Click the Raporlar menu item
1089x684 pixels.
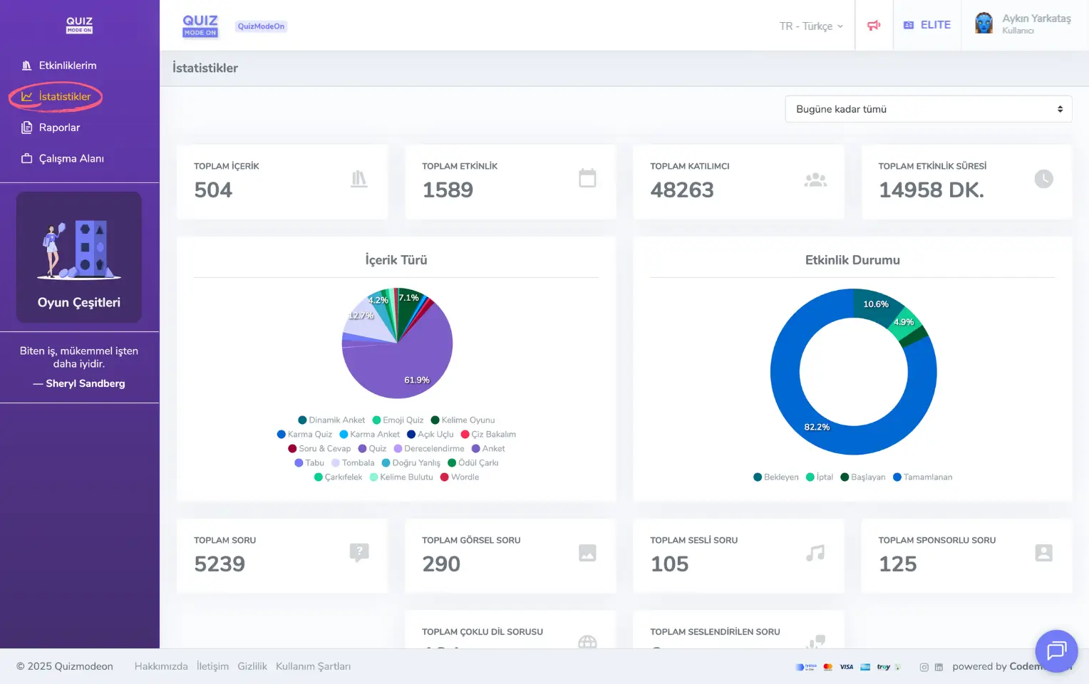58,128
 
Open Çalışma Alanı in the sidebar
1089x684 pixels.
71,158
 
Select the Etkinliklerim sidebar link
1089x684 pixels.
67,66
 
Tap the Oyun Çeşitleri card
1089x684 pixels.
79,257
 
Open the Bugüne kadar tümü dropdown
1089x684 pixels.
928,109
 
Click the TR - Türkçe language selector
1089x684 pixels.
811,26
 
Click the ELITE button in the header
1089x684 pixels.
927,25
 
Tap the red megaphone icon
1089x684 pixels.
874,26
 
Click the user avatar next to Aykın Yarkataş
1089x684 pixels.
984,24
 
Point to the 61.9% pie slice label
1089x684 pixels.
416,380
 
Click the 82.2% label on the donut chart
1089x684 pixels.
817,427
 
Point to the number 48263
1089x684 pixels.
681,190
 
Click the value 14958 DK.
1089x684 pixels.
931,190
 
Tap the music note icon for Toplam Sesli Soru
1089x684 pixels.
815,553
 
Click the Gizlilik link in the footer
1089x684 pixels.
252,666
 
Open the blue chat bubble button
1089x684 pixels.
1056,651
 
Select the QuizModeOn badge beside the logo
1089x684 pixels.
261,26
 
